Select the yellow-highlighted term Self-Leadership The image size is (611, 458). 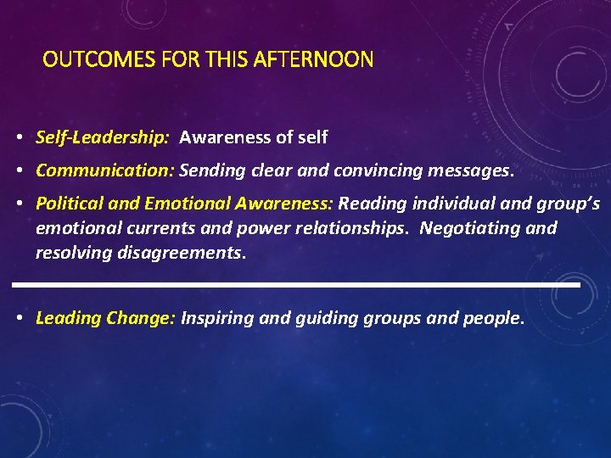point(102,137)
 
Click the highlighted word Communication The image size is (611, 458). point(104,170)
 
